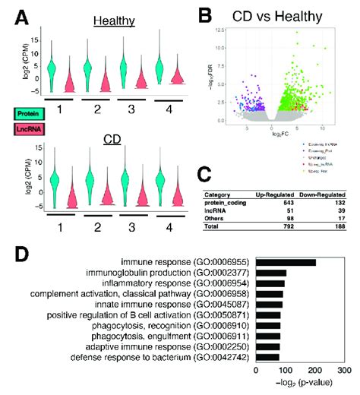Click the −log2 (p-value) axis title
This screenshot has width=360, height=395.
[x=303, y=385]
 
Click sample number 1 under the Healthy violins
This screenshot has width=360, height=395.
[x=58, y=108]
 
